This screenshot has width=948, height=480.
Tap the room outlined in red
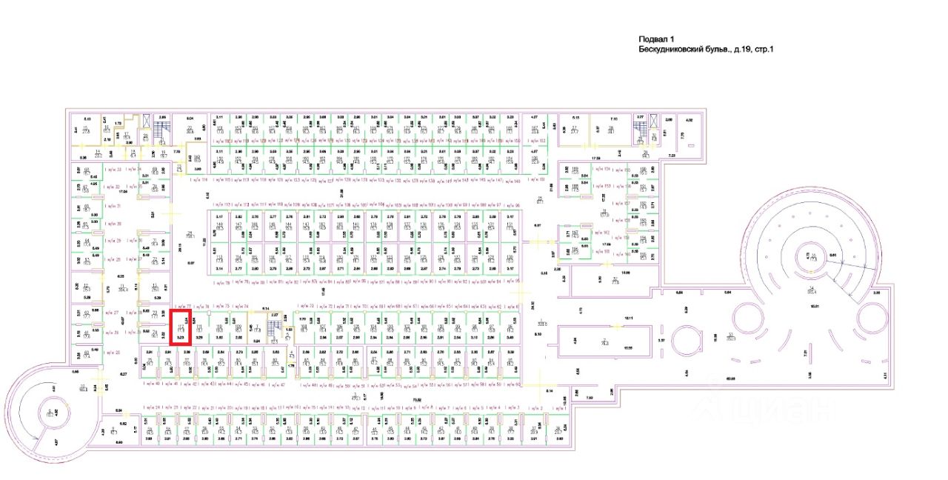[181, 327]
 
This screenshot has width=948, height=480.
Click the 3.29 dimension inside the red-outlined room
[180, 337]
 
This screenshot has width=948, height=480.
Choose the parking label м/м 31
[113, 205]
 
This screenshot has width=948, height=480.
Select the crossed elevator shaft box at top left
[147, 121]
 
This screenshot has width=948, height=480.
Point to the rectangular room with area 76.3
[584, 342]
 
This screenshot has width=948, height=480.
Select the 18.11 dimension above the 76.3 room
[607, 318]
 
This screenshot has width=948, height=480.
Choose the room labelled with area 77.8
[615, 281]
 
